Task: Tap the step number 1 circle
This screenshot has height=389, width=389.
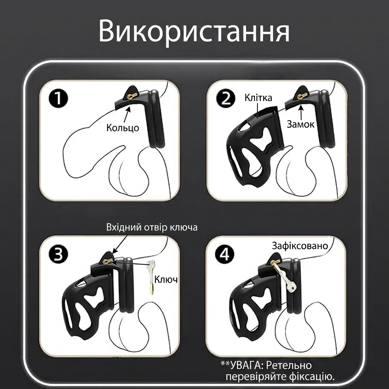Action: pyautogui.click(x=58, y=98)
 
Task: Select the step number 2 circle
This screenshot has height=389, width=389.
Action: pyautogui.click(x=225, y=98)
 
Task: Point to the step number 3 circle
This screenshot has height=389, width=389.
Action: pyautogui.click(x=58, y=254)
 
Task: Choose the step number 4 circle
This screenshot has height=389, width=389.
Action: pyautogui.click(x=225, y=254)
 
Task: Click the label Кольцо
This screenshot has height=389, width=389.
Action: pyautogui.click(x=123, y=128)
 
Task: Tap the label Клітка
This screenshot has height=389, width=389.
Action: pyautogui.click(x=258, y=98)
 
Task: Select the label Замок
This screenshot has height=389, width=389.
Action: pyautogui.click(x=300, y=124)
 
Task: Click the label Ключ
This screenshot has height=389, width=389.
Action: pyautogui.click(x=166, y=279)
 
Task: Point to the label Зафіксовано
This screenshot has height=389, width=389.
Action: pyautogui.click(x=300, y=246)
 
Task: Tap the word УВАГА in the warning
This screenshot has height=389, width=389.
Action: pyautogui.click(x=244, y=365)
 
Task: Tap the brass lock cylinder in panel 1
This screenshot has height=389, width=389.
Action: pyautogui.click(x=130, y=96)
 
